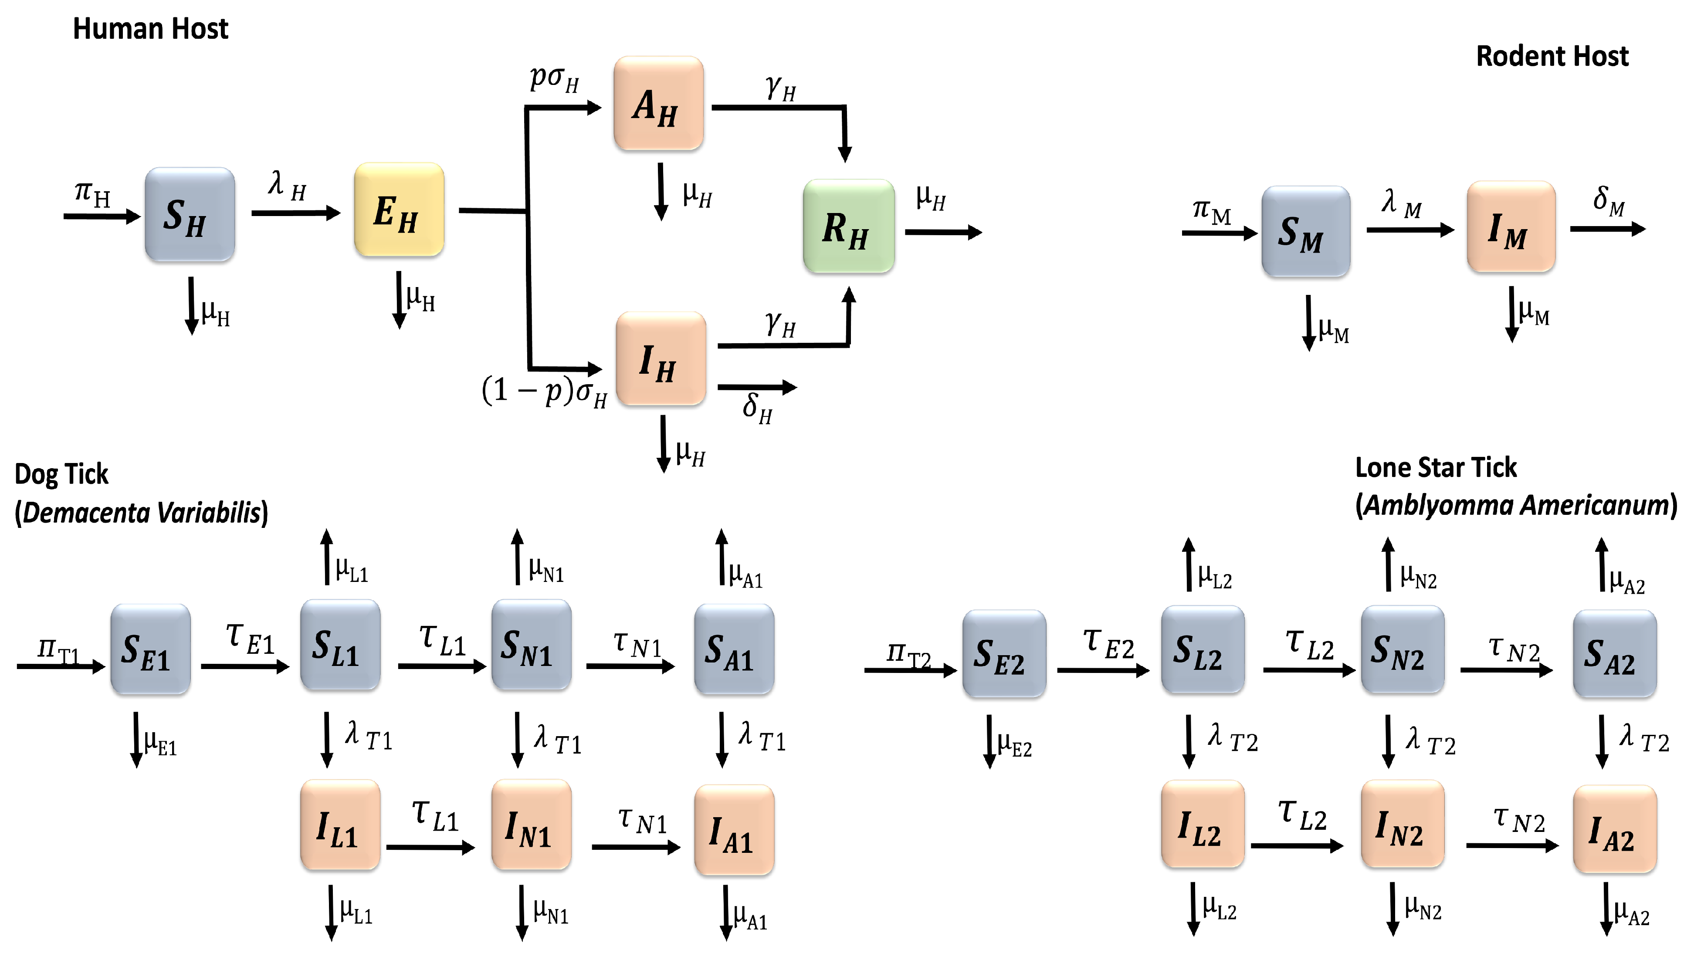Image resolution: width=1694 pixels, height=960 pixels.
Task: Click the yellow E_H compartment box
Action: coord(399,210)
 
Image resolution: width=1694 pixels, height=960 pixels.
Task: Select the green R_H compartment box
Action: coord(849,226)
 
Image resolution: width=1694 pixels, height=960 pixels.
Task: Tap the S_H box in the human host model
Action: coord(190,214)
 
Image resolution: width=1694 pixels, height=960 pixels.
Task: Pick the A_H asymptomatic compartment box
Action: coord(658,104)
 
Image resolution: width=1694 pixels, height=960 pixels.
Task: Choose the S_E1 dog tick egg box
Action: coord(150,649)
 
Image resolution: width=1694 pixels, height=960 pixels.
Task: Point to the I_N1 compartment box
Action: coord(531,825)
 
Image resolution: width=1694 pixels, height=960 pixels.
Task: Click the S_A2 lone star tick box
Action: coord(1614,653)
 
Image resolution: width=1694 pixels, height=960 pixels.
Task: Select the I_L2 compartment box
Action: coord(1202,824)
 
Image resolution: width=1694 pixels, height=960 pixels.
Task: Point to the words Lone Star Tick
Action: coord(1436,467)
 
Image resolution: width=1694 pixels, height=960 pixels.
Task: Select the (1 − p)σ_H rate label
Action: coord(544,392)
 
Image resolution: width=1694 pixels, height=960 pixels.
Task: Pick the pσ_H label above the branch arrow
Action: coord(554,79)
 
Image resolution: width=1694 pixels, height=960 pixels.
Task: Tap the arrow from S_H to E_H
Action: coord(295,213)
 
